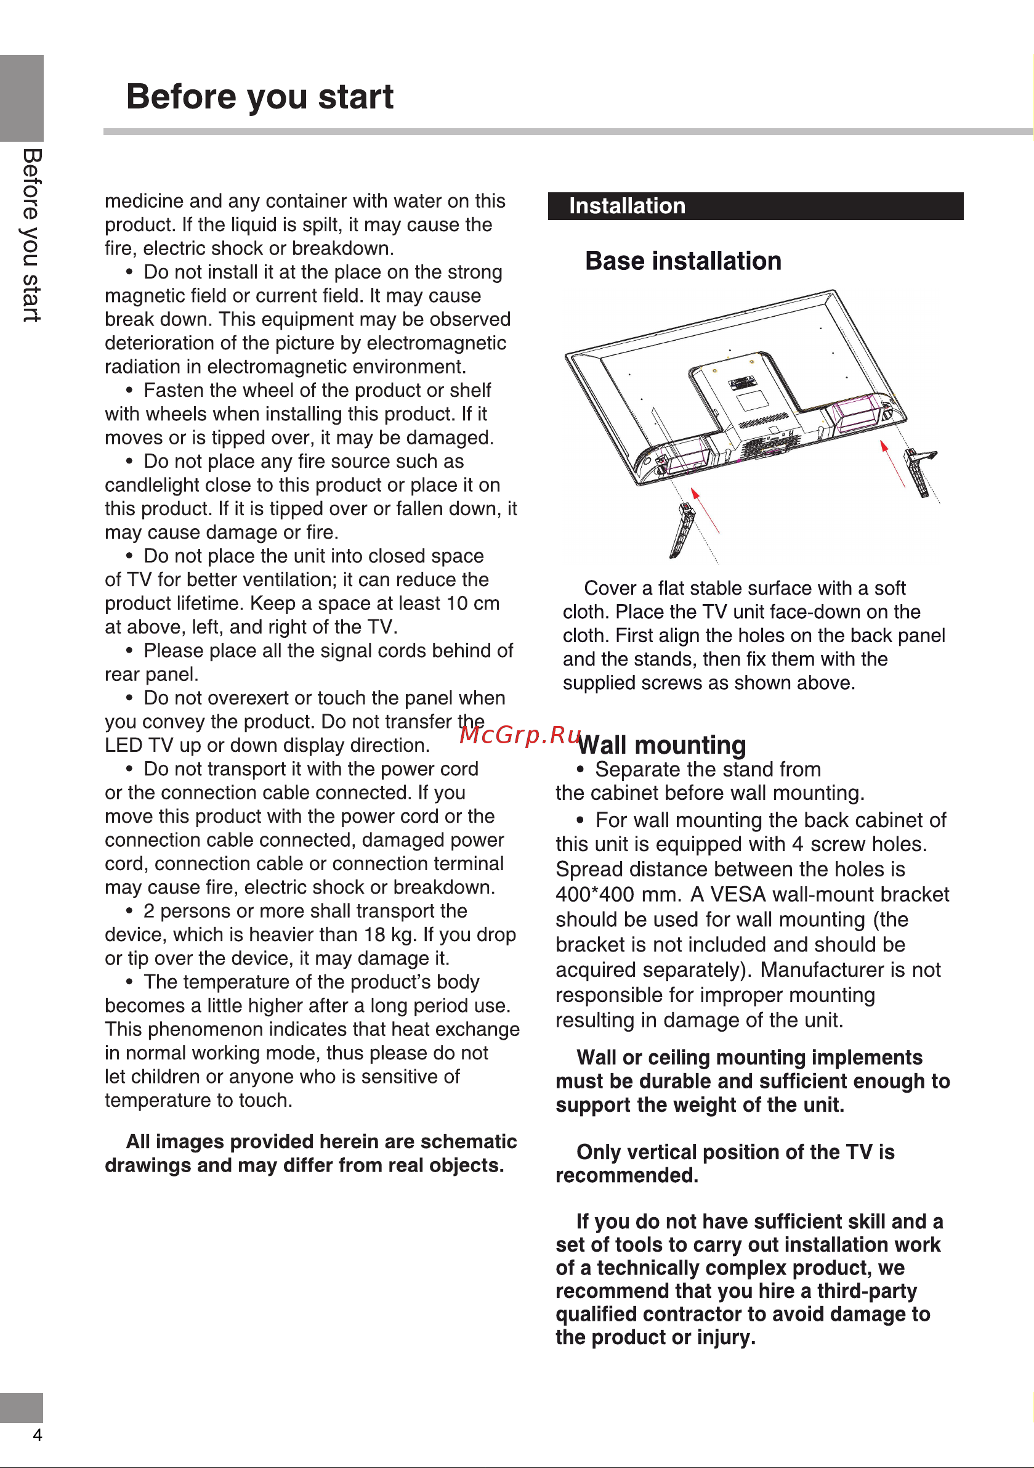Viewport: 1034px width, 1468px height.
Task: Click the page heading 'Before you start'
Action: [259, 97]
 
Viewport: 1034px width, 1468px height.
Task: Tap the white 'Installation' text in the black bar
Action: [627, 206]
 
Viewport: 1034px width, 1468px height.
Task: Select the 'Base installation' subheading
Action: [682, 261]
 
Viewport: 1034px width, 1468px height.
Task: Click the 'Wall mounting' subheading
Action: [662, 746]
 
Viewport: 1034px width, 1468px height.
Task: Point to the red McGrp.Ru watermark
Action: [520, 735]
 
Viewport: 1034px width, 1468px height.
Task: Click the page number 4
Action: [38, 1435]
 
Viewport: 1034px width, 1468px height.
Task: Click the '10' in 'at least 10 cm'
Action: [457, 603]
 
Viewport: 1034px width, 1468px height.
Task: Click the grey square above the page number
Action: [22, 1406]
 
